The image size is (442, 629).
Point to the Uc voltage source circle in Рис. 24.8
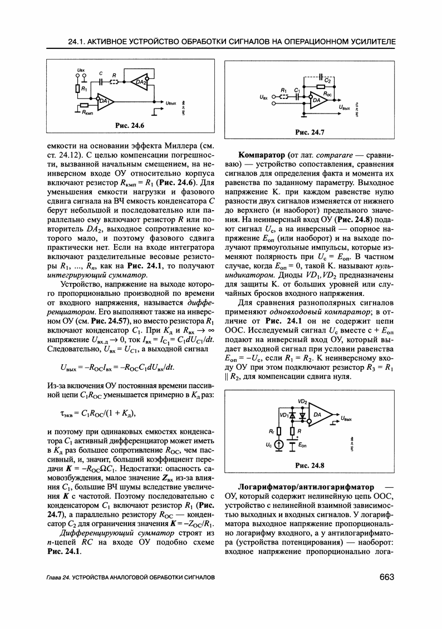(280, 444)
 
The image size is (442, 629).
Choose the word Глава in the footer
(56, 578)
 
